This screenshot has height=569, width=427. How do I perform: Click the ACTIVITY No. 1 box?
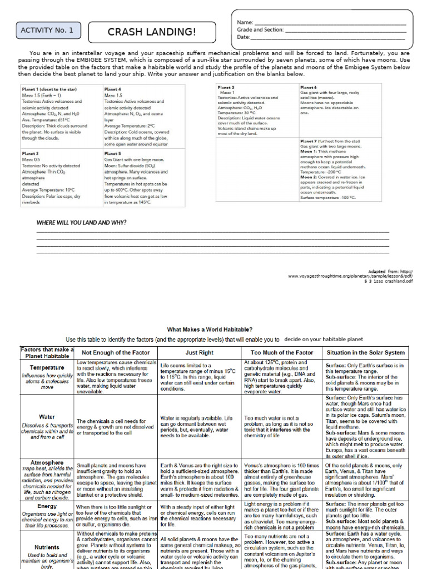[x=47, y=31]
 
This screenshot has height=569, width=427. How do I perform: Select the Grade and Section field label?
[x=260, y=30]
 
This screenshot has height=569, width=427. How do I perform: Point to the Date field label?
[x=244, y=37]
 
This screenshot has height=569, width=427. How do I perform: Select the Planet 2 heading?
[x=30, y=153]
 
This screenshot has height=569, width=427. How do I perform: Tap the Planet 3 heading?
[x=226, y=87]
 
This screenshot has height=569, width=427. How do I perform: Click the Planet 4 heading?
[x=112, y=89]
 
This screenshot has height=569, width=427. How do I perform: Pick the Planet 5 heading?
[x=112, y=153]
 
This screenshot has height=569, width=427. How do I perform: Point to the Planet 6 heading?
[x=309, y=87]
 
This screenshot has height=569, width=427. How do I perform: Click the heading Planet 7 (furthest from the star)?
[x=330, y=142]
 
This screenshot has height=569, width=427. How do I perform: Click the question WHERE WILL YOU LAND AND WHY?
[x=81, y=222]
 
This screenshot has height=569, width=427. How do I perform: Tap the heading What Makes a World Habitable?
[x=210, y=330]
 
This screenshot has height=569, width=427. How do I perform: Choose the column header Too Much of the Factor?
[x=281, y=352]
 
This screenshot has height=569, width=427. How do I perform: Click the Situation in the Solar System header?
[x=366, y=352]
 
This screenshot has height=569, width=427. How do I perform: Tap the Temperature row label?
[x=47, y=367]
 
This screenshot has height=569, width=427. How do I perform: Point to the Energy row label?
[x=47, y=506]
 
